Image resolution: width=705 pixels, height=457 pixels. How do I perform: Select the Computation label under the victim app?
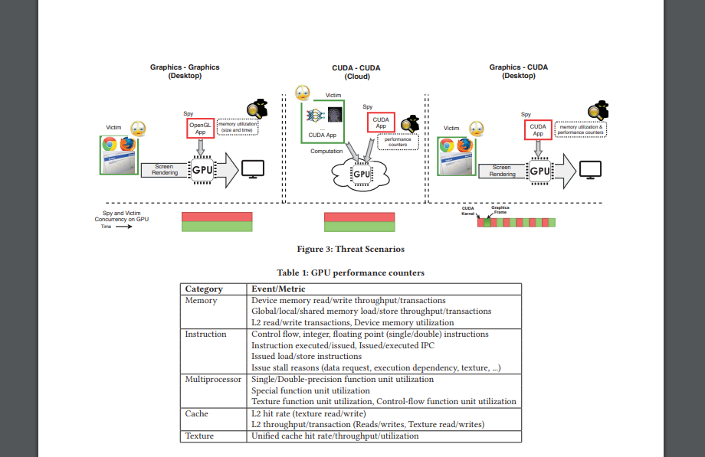pos(326,151)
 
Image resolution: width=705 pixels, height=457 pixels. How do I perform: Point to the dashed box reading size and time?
pos(238,126)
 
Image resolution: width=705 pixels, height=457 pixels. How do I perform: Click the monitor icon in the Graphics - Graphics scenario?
pos(253,169)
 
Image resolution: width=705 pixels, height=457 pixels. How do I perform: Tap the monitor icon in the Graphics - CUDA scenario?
pos(590,169)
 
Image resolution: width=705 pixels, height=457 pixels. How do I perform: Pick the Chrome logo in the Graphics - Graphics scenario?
pos(109,144)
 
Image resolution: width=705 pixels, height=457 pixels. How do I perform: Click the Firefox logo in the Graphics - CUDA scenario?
pos(464,145)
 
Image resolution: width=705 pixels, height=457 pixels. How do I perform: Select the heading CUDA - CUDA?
pos(357,67)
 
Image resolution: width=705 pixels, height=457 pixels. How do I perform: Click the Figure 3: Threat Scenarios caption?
pos(350,249)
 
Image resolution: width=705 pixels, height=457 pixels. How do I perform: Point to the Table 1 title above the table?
pos(350,273)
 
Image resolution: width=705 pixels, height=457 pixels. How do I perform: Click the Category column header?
pos(204,289)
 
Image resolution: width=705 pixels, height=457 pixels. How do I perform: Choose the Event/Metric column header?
pos(278,289)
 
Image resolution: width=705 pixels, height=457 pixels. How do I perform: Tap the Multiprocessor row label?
pos(213,379)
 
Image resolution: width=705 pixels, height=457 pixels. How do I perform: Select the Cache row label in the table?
pos(196,413)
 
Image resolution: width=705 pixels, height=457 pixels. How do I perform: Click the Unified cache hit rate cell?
pos(335,436)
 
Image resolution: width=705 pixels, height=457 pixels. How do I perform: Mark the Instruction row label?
pos(205,334)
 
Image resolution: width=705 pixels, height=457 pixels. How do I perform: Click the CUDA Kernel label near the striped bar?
pos(468,211)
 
